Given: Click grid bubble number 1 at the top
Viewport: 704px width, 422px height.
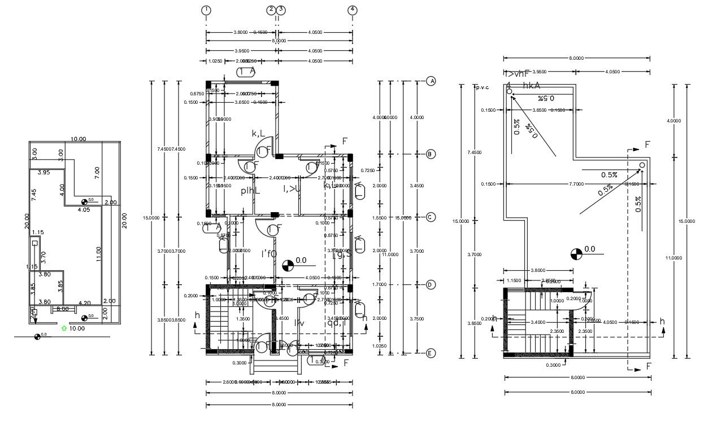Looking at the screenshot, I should tap(206, 10).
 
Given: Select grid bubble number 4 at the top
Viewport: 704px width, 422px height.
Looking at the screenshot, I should tap(353, 10).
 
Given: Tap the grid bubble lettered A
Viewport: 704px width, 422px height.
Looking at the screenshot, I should tap(431, 81).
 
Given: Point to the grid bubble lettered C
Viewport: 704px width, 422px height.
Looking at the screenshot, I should tap(431, 217).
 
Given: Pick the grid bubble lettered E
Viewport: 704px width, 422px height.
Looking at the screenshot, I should tap(431, 354).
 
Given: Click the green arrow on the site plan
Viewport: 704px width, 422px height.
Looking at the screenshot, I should tap(64, 327).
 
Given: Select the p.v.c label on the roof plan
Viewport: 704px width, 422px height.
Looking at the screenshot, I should tap(482, 87).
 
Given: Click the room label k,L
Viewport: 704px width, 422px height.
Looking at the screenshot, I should tap(259, 133).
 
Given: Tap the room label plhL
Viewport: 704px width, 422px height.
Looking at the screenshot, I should tap(250, 191).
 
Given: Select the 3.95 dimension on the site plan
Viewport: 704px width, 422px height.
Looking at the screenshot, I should tap(44, 173).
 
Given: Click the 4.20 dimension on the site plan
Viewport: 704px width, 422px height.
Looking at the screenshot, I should tap(84, 303).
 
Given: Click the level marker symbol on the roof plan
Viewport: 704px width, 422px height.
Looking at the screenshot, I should tap(576, 254).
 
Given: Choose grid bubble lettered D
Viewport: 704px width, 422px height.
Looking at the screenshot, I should tap(431, 285).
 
